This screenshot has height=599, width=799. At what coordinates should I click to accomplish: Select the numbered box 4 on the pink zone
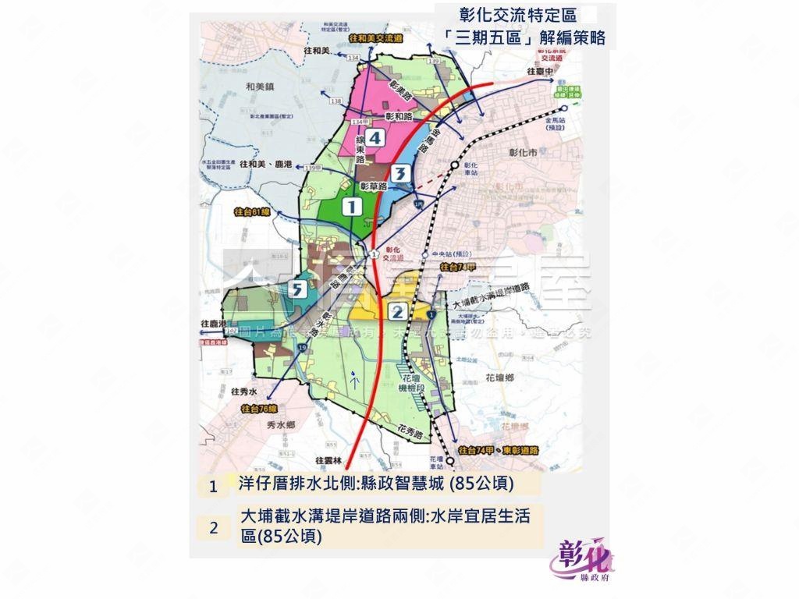(x=375, y=138)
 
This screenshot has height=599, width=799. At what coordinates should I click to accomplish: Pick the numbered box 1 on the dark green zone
(x=352, y=207)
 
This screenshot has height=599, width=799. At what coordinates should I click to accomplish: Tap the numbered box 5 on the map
(x=297, y=290)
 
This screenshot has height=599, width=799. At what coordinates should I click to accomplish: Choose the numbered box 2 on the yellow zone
(x=396, y=312)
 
